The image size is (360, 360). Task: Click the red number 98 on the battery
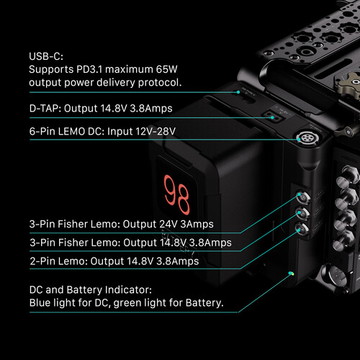[x=176, y=195]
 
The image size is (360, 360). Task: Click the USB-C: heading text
[x=46, y=56]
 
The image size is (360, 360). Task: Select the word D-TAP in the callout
[x=45, y=109]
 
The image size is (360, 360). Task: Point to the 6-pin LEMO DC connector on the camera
[x=307, y=138]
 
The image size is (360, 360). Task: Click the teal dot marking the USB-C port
[x=238, y=92]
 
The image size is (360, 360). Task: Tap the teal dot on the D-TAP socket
[x=272, y=117]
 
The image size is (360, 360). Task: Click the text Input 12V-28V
[x=141, y=132]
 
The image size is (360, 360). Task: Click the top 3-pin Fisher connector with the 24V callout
[x=302, y=197]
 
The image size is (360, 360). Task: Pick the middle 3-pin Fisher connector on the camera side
[x=302, y=214]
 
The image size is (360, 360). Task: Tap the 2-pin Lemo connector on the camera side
[x=302, y=230]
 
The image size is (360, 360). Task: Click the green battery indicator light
[x=291, y=273]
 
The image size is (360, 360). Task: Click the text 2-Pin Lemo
[x=59, y=261]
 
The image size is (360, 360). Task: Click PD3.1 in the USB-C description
[x=89, y=69]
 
